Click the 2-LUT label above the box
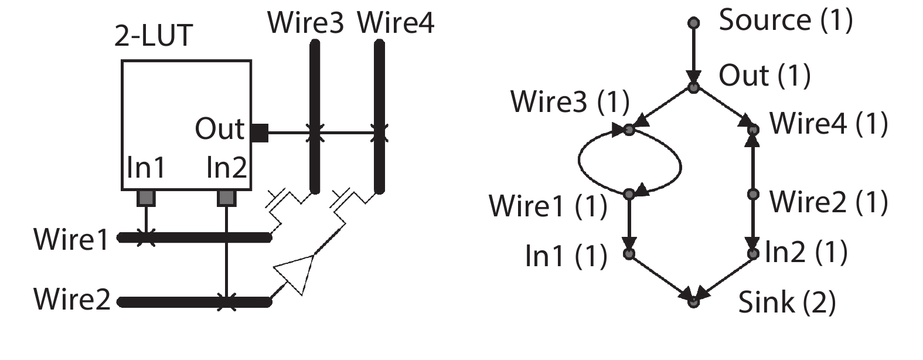point(153,36)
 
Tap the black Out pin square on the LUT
point(259,133)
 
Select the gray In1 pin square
point(146,198)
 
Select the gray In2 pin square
point(226,198)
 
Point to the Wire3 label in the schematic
point(305,23)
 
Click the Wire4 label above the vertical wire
point(396,23)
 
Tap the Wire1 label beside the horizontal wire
point(71,239)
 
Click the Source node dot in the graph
point(693,23)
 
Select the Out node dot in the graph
point(693,88)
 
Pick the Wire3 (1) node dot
point(629,130)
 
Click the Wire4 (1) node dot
point(754,130)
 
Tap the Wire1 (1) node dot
point(629,193)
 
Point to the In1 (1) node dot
point(629,254)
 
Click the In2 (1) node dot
point(754,254)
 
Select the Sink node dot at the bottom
point(693,302)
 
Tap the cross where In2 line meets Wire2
point(226,303)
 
